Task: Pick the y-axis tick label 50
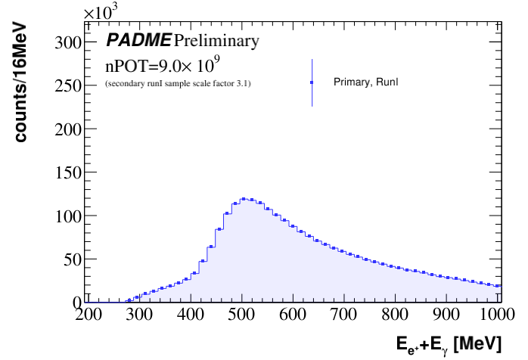(x=73, y=259)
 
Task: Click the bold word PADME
(x=138, y=40)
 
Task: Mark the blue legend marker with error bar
(x=312, y=82)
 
